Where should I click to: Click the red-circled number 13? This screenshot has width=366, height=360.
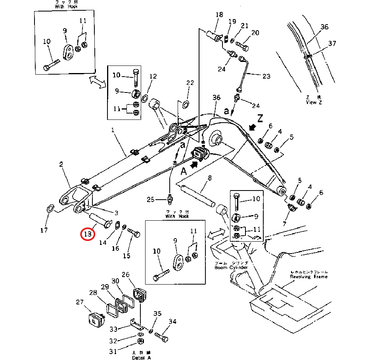[87, 234]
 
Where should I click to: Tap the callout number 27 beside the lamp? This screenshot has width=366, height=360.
[80, 302]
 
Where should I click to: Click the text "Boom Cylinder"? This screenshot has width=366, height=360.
[231, 268]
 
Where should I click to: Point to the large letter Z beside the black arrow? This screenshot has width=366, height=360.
[260, 118]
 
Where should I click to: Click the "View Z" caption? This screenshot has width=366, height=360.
[311, 102]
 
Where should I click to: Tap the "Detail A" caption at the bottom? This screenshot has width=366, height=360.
[142, 358]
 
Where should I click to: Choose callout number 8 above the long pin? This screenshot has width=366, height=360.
[209, 178]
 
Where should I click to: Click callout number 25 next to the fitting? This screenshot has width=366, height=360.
[150, 199]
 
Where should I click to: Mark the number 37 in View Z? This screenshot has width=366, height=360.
[332, 43]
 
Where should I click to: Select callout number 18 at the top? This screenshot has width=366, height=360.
[219, 15]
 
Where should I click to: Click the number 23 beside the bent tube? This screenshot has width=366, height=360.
[266, 76]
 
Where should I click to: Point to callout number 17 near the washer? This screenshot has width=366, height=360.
[44, 230]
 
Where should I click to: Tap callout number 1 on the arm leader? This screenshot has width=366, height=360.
[113, 130]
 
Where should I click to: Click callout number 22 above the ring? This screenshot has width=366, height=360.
[190, 83]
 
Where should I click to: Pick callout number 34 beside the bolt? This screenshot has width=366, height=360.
[172, 321]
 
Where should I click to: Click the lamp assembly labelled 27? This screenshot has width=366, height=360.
[95, 318]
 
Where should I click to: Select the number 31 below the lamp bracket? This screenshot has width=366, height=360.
[113, 351]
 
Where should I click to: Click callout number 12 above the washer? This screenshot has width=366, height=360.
[153, 76]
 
